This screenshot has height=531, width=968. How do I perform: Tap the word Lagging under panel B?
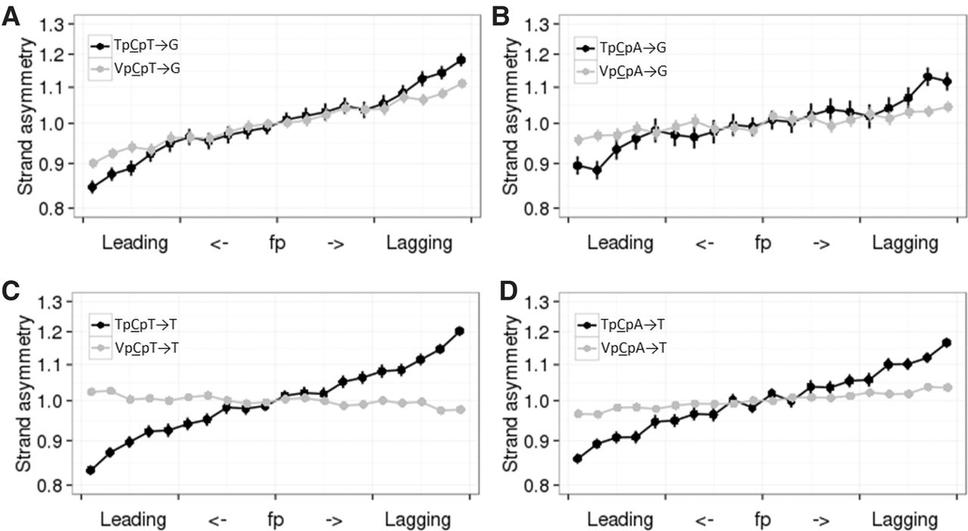(x=904, y=243)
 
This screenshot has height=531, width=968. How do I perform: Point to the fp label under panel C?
(x=276, y=520)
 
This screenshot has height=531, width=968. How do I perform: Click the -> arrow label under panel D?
(x=821, y=520)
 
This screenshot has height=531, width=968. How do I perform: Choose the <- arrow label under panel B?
(x=705, y=243)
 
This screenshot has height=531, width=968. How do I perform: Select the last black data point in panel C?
(x=460, y=332)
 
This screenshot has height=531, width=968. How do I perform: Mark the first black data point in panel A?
(x=92, y=187)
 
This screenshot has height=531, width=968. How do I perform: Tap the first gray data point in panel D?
(x=579, y=414)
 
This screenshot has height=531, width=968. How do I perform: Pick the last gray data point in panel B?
(x=946, y=107)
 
